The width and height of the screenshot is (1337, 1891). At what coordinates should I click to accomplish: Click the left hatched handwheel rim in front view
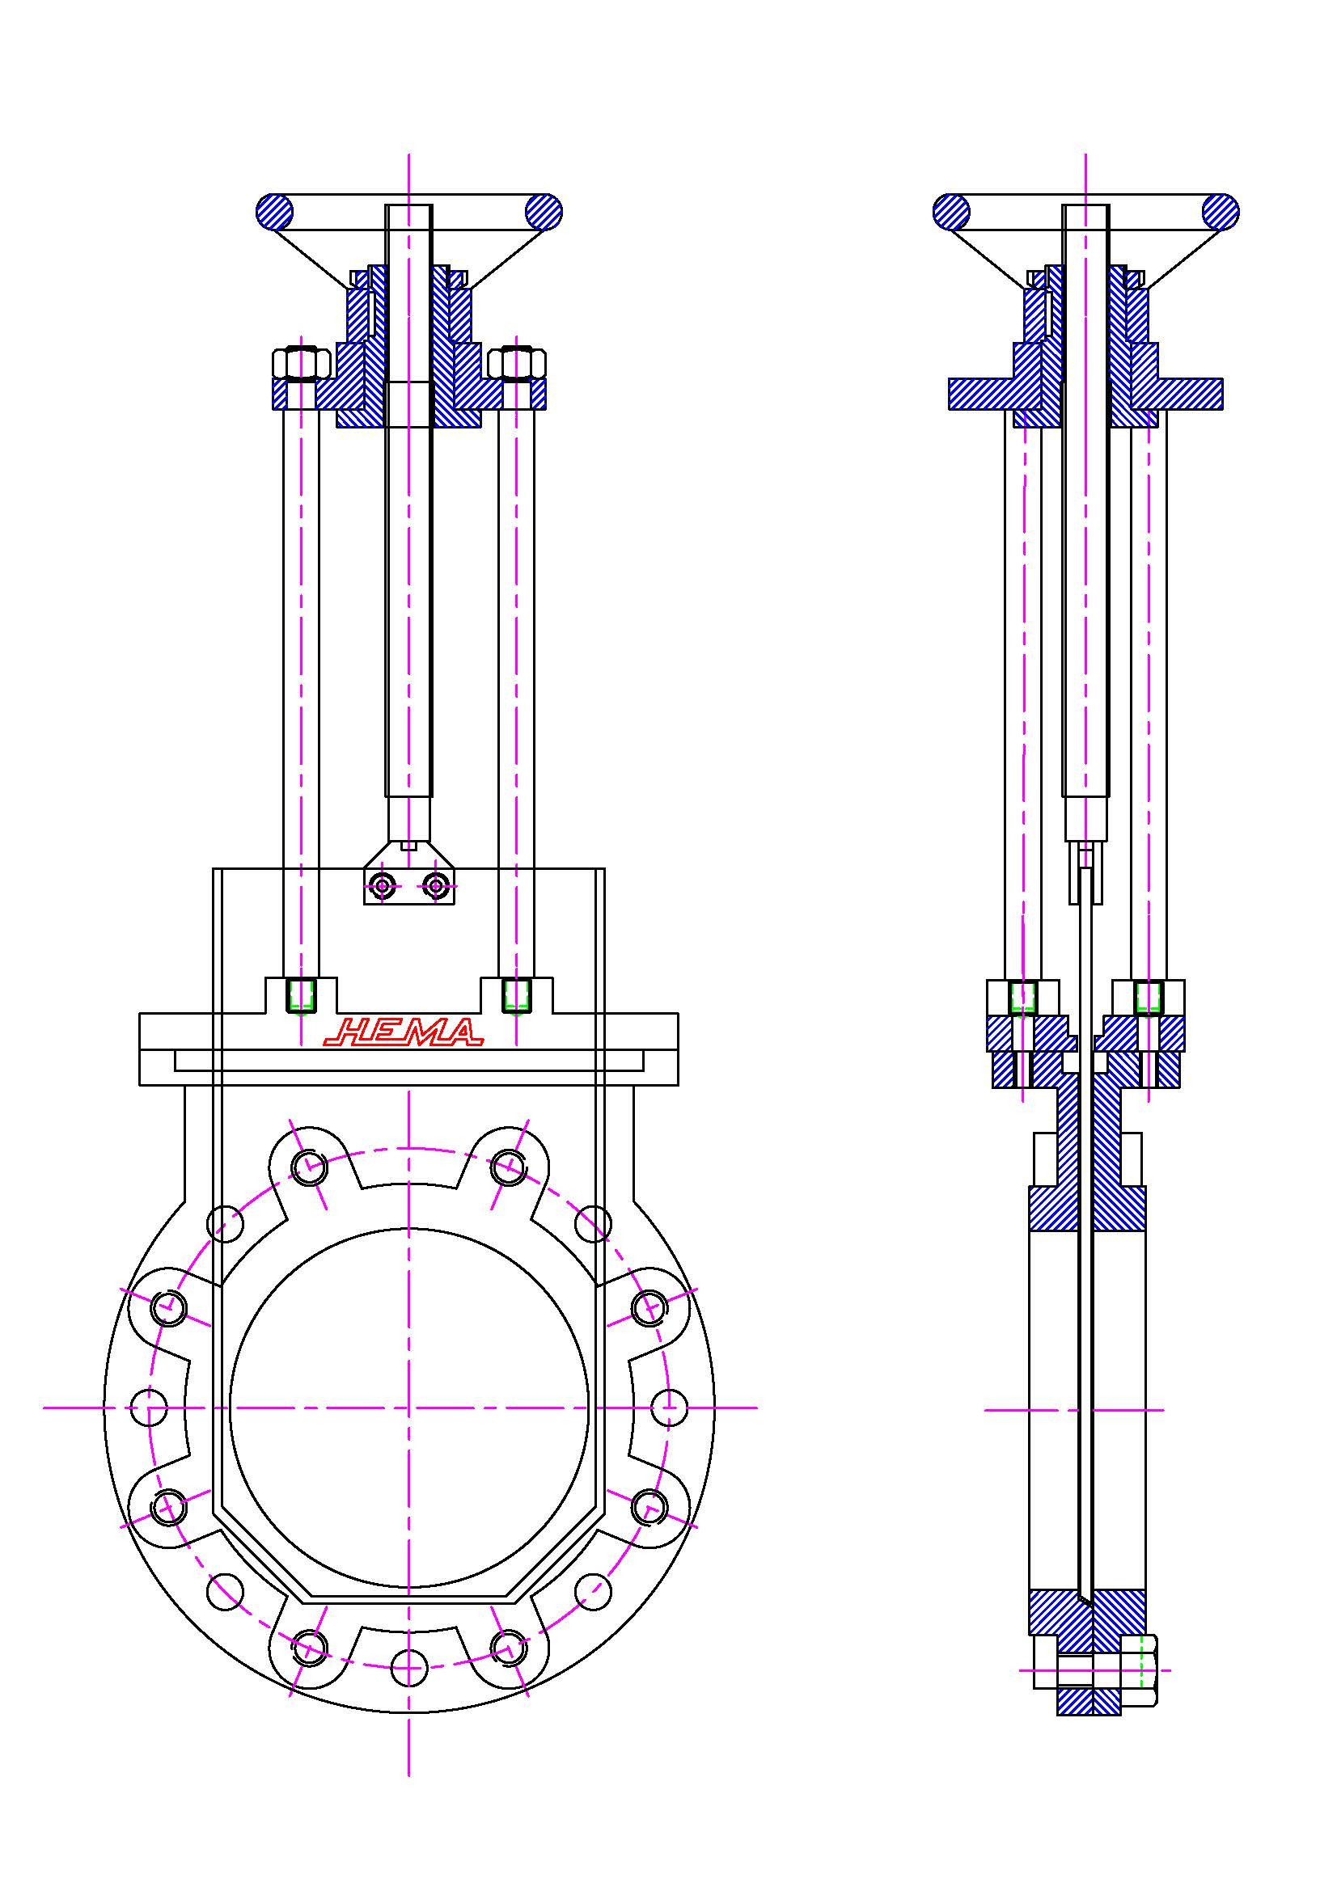(x=274, y=212)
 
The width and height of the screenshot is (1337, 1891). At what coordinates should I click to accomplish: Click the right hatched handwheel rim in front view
(x=544, y=212)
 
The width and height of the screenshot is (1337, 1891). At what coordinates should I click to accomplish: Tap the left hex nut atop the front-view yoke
(x=300, y=362)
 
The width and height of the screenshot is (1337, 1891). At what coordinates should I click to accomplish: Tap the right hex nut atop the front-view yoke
(x=517, y=362)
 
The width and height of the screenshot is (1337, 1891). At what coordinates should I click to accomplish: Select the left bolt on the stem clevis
(x=383, y=886)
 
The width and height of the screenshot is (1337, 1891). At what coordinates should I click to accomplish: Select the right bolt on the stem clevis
(x=435, y=886)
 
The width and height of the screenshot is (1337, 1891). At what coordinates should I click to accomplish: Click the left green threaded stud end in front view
(x=300, y=996)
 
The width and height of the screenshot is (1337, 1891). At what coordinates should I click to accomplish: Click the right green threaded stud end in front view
(x=516, y=996)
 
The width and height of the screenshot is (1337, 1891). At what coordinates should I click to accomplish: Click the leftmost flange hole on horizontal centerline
(x=149, y=1408)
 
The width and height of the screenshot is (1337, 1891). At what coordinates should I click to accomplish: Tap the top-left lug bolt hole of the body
(x=308, y=1167)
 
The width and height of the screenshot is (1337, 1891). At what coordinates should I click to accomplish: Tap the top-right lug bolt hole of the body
(x=509, y=1167)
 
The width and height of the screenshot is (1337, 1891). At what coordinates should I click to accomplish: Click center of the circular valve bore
(x=408, y=1408)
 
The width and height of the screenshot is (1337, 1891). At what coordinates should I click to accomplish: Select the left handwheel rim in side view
(x=951, y=212)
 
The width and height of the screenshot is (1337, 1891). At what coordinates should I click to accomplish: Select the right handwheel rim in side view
(x=1220, y=212)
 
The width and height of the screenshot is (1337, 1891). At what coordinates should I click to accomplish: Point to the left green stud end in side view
(x=1022, y=998)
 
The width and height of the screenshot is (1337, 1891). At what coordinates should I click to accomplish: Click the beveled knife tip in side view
(x=1085, y=1599)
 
